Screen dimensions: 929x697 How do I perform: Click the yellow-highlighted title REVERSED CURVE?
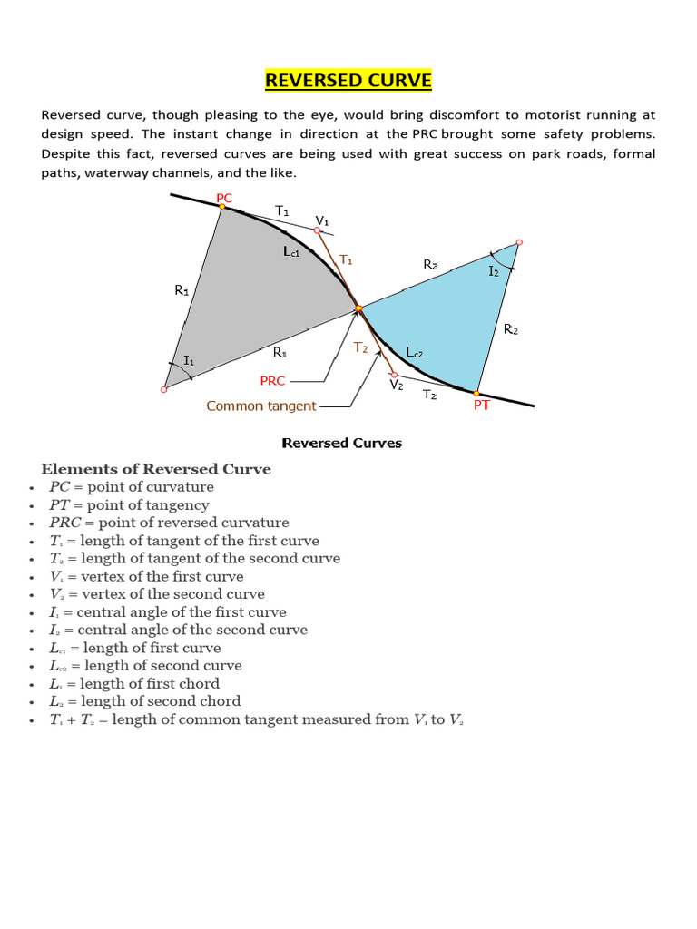348,82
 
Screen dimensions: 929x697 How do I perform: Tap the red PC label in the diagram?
224,197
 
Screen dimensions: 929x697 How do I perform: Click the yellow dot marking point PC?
221,208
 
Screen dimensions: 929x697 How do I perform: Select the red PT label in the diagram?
481,406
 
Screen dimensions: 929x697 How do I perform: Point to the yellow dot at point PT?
476,393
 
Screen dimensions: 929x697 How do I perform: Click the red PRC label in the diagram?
272,380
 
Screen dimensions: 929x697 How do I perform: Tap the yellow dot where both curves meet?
358,309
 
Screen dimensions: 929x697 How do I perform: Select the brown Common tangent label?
260,406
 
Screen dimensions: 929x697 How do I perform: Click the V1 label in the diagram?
322,220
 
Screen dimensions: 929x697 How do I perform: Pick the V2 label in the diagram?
397,385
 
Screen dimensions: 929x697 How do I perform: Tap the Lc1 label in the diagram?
291,253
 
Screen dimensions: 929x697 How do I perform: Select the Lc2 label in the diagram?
415,352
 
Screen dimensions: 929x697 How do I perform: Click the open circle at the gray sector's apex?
164,389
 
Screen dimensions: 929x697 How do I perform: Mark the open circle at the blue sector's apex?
518,243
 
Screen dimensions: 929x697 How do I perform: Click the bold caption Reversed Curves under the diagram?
341,443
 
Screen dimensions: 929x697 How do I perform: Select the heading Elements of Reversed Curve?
155,469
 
